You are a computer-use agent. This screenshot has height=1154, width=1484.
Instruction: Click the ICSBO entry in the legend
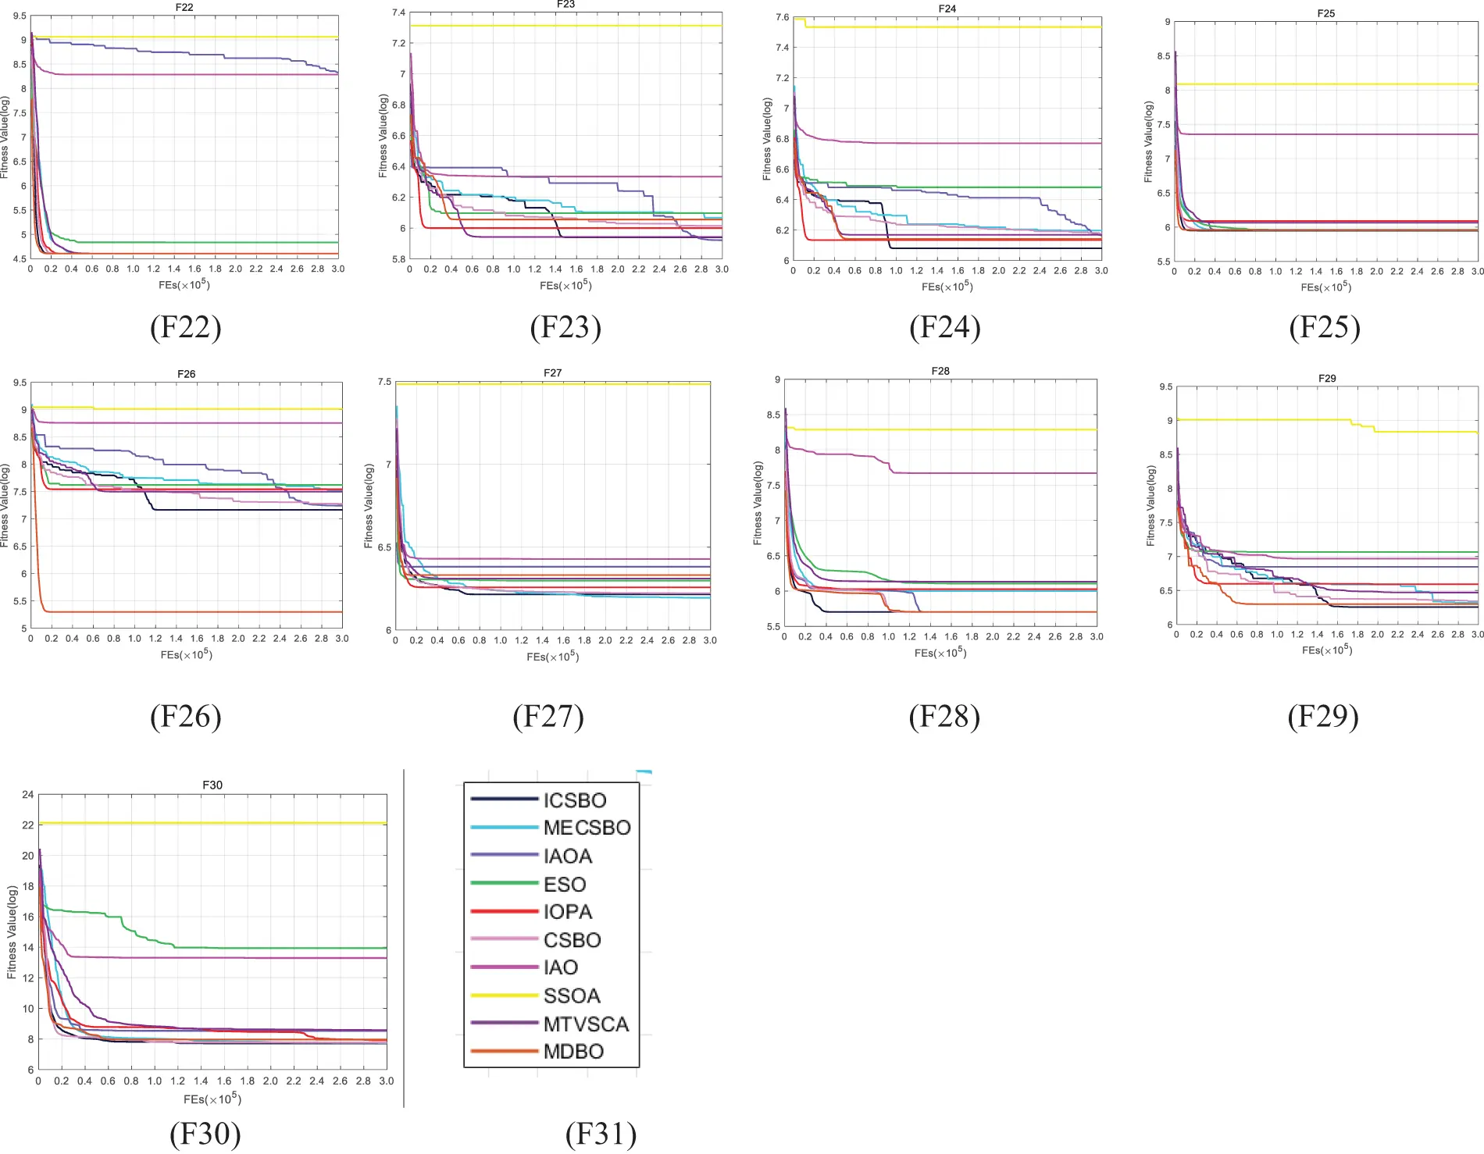point(575,800)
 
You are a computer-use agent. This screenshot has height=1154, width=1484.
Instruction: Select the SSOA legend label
point(572,996)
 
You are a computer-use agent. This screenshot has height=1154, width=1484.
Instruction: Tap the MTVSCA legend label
point(586,1024)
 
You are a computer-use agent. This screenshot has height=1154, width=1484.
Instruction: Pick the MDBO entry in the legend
point(573,1052)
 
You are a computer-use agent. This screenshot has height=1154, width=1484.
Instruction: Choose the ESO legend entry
point(565,884)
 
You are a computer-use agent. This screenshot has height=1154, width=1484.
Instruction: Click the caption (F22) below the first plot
point(185,327)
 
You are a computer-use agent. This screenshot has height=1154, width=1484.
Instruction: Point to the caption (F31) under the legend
point(601,1134)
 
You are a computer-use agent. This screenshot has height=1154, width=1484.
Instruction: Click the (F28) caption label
point(944,716)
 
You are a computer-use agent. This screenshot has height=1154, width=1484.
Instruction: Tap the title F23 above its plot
point(565,5)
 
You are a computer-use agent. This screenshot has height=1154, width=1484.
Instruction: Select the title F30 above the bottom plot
point(212,785)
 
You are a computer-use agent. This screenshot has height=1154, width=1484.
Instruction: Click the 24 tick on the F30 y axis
point(28,795)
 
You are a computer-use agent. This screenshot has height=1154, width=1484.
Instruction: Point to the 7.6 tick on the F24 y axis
point(782,17)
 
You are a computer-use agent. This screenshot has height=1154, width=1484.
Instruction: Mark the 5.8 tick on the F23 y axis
point(398,258)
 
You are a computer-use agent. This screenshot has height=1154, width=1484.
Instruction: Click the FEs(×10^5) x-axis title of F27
point(552,657)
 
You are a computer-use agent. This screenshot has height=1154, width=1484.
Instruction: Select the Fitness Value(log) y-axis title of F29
point(1150,506)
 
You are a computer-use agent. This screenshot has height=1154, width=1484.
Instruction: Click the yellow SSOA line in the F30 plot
point(234,823)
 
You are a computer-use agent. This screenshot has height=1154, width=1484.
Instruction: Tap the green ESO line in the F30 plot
point(273,948)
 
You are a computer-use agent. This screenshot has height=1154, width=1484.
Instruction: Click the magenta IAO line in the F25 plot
point(1328,134)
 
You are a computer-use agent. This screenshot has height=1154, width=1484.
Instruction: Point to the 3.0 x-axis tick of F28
point(1096,636)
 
